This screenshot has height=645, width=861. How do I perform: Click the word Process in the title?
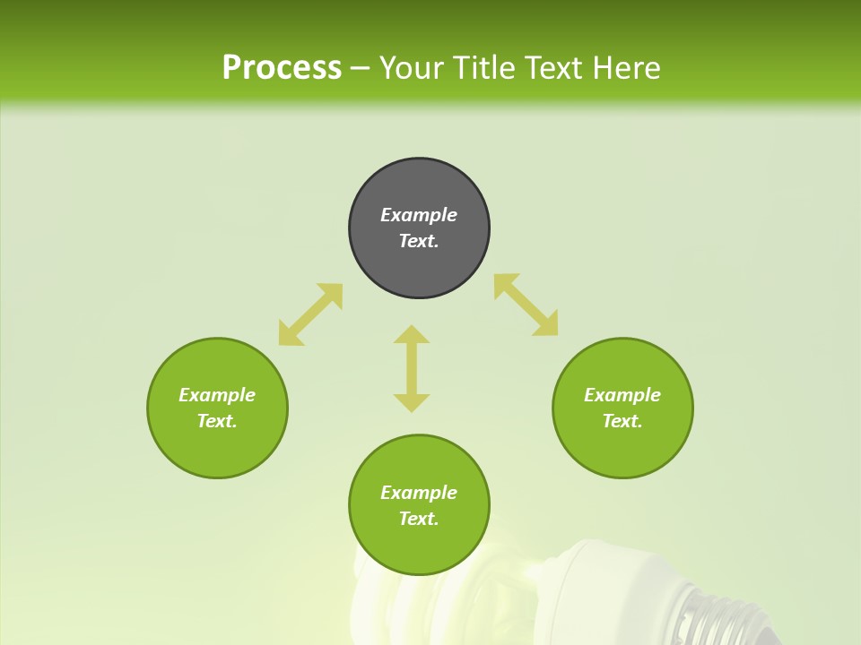pyautogui.click(x=282, y=68)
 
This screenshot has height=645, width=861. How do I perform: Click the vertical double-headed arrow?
pyautogui.click(x=412, y=368)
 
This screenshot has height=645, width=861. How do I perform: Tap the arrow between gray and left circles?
pyautogui.click(x=310, y=314)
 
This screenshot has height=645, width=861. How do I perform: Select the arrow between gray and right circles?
pyautogui.click(x=526, y=305)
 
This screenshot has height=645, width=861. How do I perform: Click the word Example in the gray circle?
pyautogui.click(x=419, y=215)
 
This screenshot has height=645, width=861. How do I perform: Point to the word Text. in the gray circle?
pyautogui.click(x=419, y=241)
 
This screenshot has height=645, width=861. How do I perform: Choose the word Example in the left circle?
pyautogui.click(x=217, y=395)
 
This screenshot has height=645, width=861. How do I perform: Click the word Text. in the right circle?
pyautogui.click(x=622, y=421)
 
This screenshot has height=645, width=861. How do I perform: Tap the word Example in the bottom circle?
pyautogui.click(x=419, y=493)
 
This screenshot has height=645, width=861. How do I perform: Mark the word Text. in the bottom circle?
pyautogui.click(x=419, y=519)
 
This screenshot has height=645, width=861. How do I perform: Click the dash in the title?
pyautogui.click(x=361, y=68)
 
